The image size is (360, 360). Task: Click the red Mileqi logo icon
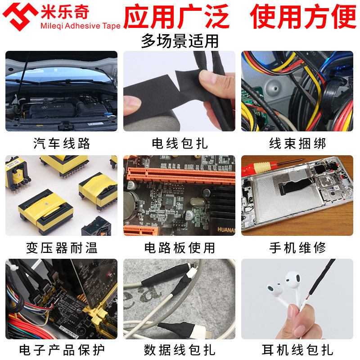tap(20, 15)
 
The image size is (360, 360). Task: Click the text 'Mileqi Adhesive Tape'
tap(81, 26)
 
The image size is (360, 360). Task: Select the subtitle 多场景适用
tap(180, 41)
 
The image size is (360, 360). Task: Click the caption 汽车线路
tap(62, 144)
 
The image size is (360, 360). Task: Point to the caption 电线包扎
tap(180, 144)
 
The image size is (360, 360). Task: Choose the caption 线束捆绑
tap(297, 144)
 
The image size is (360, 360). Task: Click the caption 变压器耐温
tap(62, 247)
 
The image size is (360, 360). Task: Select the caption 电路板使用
tap(180, 247)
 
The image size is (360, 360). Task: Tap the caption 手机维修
tap(297, 247)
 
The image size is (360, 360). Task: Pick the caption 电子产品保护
tap(62, 350)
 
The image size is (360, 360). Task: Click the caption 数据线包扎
tap(180, 350)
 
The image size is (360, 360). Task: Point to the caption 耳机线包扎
tap(297, 350)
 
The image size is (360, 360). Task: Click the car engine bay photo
tap(62, 91)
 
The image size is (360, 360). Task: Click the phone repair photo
tap(297, 196)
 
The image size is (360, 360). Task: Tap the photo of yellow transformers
tap(62, 196)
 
